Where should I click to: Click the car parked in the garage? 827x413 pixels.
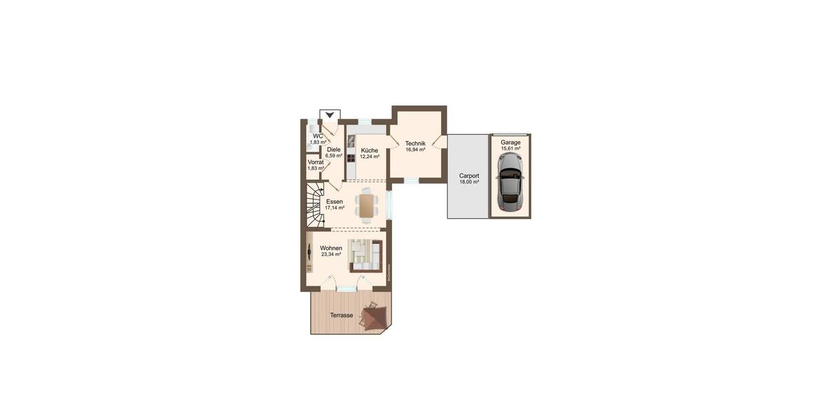point(510,182)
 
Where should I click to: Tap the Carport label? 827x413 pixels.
point(469,176)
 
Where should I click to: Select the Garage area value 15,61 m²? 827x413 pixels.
point(511,149)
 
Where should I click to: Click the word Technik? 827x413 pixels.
point(415,142)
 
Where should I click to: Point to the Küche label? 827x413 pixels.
point(369,150)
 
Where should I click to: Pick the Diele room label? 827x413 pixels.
point(334,149)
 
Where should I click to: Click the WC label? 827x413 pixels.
point(318,136)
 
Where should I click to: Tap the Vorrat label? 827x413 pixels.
point(316,162)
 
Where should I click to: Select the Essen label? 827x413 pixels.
point(334,201)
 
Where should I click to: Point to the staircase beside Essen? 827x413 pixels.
point(315,204)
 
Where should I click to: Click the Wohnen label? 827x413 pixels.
point(331,248)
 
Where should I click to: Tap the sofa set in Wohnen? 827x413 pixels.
point(364,255)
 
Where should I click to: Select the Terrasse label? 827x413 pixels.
point(342,315)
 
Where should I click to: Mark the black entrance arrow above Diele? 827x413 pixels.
point(331,115)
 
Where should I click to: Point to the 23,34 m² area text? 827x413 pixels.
point(331,254)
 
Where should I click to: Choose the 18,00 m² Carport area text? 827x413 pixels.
point(469,182)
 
